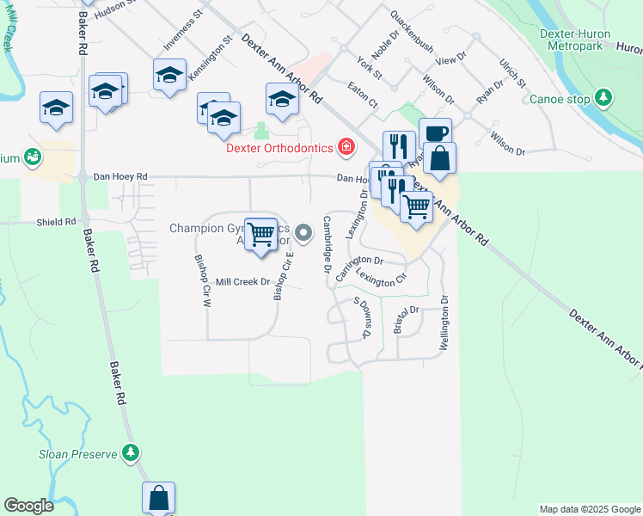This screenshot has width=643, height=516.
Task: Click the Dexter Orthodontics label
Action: (279, 148)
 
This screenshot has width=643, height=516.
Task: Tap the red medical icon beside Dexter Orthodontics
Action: (346, 148)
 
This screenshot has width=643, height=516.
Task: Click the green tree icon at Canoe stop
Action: (604, 99)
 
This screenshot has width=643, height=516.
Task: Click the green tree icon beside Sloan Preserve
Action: (130, 451)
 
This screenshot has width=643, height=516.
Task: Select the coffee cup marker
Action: (435, 133)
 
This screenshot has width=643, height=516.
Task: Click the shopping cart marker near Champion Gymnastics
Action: (260, 233)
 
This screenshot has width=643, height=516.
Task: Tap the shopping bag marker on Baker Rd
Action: (159, 497)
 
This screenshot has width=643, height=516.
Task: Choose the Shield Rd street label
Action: (56, 222)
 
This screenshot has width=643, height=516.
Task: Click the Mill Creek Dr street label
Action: (242, 281)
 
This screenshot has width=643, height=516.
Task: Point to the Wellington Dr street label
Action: (444, 323)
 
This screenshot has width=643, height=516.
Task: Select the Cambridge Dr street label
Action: (328, 245)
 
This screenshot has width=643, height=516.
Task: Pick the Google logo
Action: (28, 506)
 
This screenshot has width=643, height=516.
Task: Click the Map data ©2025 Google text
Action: (589, 509)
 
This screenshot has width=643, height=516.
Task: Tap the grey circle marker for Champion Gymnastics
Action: (303, 232)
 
